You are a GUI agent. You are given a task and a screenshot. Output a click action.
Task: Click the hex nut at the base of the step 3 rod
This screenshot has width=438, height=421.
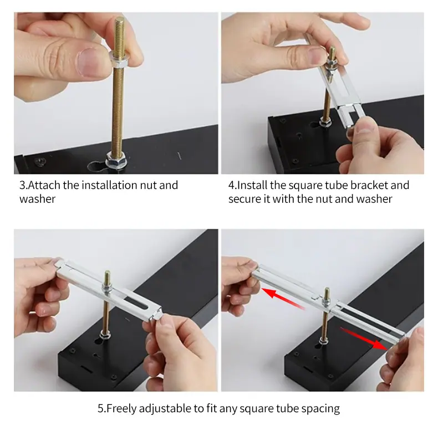point(116,160)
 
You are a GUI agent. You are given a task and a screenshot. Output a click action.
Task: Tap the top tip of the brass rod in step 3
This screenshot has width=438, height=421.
point(120,18)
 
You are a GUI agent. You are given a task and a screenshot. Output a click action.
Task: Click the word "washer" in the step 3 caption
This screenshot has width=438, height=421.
point(38,199)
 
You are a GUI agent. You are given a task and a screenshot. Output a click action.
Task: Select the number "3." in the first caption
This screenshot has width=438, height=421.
point(24,186)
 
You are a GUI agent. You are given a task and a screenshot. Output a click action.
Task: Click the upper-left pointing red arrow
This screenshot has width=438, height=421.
point(283,299)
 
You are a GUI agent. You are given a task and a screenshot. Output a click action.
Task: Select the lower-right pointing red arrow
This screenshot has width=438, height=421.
point(364,338)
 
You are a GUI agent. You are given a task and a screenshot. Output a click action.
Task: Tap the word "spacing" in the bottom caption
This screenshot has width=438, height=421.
point(320,409)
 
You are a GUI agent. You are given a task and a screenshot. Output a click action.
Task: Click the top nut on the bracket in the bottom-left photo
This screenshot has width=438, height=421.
point(107,287)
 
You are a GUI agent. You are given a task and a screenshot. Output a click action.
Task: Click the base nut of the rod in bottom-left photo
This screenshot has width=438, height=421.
point(105,333)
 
